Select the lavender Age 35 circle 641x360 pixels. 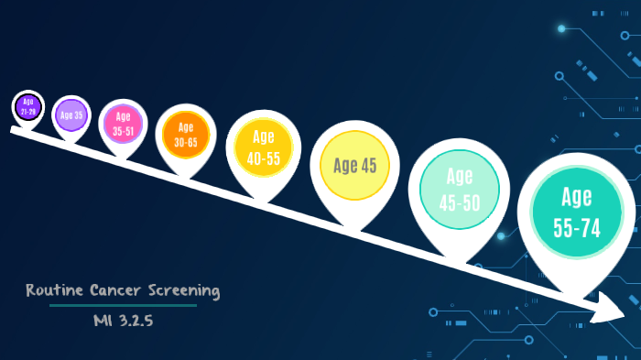pos(71,115)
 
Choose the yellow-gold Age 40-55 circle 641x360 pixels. pos(263,147)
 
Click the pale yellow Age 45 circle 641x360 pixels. pos(355,166)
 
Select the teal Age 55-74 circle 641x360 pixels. pos(576,213)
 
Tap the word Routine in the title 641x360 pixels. pos(56,290)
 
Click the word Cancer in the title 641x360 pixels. pos(117,290)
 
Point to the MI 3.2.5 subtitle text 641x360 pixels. pos(122,321)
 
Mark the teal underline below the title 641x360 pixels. pos(122,305)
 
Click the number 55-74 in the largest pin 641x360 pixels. pos(577,228)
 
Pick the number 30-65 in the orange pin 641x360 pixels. pos(186,142)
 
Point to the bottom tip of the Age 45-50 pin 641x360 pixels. pos(458,261)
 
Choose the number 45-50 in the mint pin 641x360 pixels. pos(459,202)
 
